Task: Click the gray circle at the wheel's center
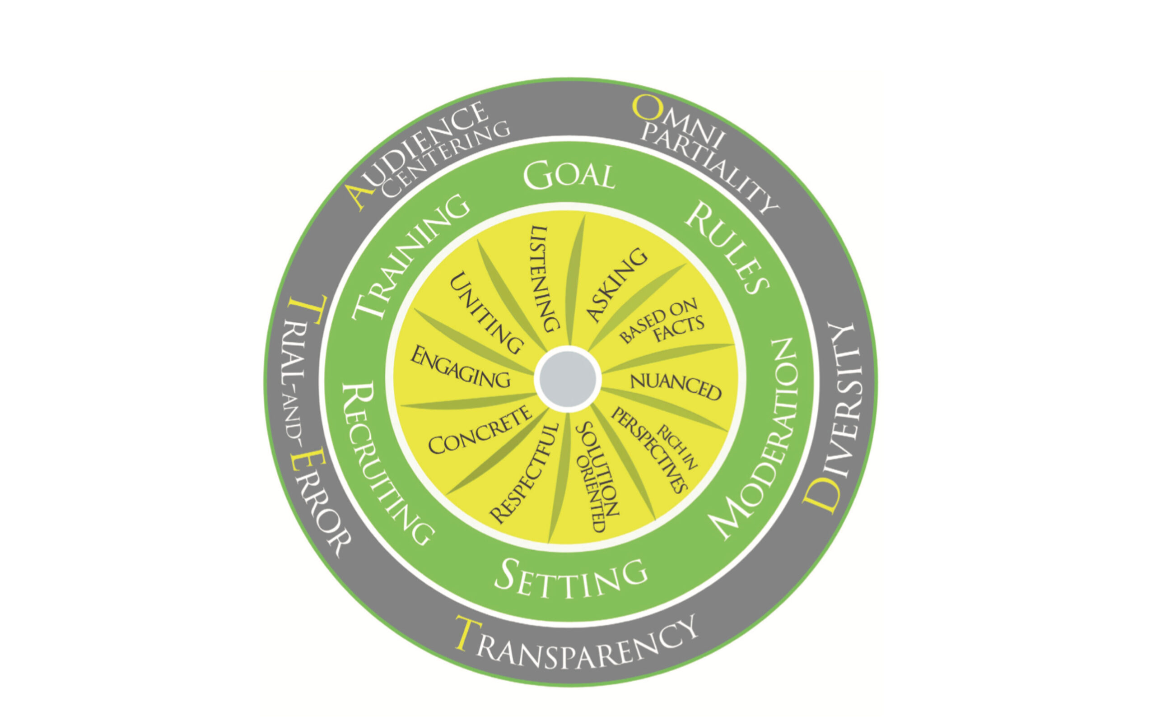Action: coord(568,379)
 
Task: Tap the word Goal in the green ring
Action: coord(569,176)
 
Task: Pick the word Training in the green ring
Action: coord(410,256)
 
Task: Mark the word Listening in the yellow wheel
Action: coord(545,278)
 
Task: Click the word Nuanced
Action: coord(676,386)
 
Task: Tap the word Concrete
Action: coord(480,431)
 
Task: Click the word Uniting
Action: coord(485,313)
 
